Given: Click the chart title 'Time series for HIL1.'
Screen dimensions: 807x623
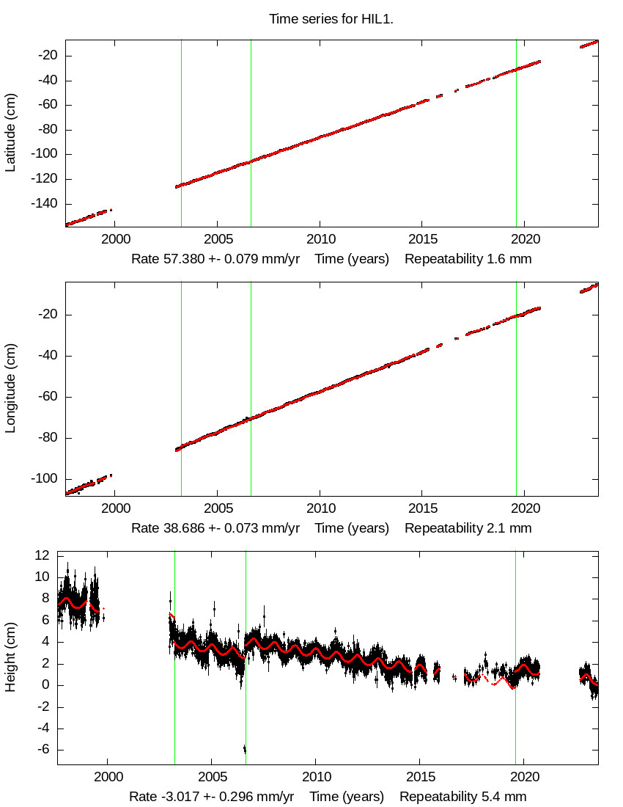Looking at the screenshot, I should point(331,19).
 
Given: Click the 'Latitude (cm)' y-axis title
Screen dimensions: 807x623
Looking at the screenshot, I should point(10,133).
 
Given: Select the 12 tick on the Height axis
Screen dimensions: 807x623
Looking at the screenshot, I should point(41,556).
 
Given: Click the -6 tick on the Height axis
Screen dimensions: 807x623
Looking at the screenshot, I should point(44,750).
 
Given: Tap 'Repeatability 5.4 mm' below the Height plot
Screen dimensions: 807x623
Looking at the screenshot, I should point(462,797).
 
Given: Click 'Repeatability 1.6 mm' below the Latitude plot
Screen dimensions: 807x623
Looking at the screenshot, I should point(468,259).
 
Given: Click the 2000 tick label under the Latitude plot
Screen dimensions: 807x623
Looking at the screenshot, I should point(115,240).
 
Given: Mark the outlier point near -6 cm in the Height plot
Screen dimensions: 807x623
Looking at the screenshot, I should point(245,749).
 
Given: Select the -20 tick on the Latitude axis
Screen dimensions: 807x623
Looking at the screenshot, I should point(47,56).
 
